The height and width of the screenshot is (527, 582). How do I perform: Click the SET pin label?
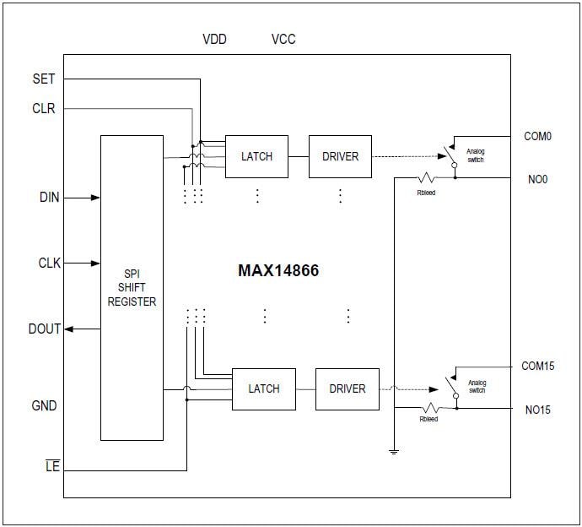point(43,79)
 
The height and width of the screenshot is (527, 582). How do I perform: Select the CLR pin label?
point(43,108)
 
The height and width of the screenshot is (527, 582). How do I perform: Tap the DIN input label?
point(50,198)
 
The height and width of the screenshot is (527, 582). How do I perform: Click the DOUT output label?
point(45,329)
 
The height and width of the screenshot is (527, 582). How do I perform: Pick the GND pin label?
point(44,405)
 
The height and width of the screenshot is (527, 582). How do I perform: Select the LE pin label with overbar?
point(52,465)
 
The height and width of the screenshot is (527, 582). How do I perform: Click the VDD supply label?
point(214,40)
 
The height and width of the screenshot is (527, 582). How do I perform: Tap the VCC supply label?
point(283,40)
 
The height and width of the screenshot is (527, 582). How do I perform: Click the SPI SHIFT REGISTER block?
point(132,287)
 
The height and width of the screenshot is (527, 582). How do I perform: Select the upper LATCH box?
point(256,156)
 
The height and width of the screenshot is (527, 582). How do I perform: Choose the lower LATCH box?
point(263,388)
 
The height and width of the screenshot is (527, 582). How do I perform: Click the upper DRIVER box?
point(340,156)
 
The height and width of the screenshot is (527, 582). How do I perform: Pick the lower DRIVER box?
point(347,388)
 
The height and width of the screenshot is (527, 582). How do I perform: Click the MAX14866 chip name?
point(278,272)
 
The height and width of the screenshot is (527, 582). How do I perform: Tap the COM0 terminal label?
point(536,136)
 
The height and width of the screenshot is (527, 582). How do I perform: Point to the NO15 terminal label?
point(536,410)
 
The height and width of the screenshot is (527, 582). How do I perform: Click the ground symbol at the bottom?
point(393,452)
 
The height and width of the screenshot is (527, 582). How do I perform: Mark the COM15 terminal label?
point(538,367)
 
